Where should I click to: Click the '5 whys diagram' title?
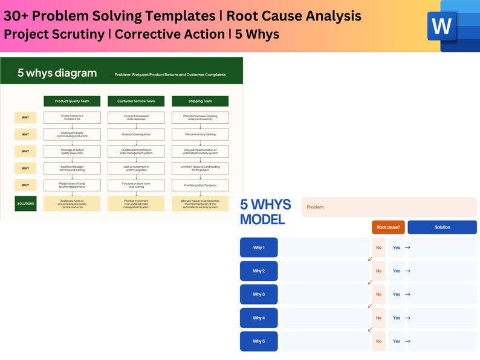(x=57, y=73)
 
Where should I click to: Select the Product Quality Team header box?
(x=72, y=101)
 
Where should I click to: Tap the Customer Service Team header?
(x=136, y=101)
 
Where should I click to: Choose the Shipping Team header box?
(x=200, y=101)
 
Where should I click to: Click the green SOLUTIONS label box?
(x=25, y=204)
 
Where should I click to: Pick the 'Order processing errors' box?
(x=136, y=135)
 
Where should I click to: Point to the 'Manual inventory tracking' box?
(x=200, y=135)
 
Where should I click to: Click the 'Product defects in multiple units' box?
(x=72, y=118)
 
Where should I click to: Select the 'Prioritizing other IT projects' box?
(x=200, y=185)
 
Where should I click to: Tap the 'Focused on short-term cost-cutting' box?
(x=136, y=185)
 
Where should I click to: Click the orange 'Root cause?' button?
(x=388, y=227)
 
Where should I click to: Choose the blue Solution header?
(x=442, y=227)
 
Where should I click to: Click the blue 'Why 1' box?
(x=259, y=248)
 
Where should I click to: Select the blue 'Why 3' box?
(x=259, y=295)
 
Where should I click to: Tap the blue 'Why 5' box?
(x=259, y=341)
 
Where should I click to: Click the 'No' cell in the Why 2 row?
(x=378, y=271)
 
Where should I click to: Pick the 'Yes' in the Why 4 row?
(x=397, y=318)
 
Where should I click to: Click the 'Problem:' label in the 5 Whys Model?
(x=316, y=207)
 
